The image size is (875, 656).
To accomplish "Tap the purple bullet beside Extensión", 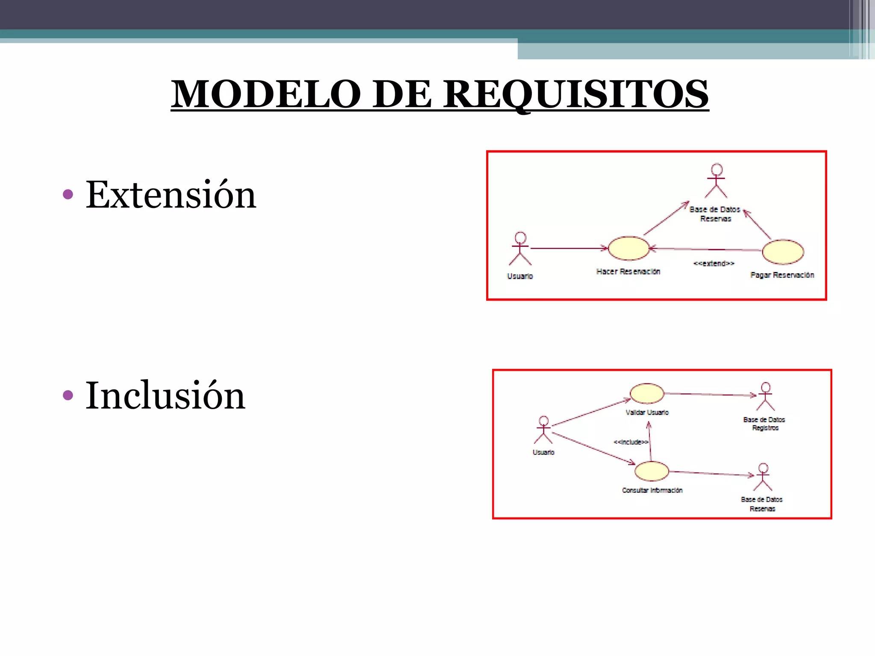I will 68,195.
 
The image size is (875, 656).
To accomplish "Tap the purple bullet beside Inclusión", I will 68,395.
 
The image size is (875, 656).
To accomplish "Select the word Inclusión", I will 165,396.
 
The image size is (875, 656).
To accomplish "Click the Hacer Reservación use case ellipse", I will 628,248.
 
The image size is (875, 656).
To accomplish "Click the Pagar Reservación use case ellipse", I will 783,252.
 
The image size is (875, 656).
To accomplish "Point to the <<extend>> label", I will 714,264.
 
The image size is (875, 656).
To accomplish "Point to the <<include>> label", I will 631,442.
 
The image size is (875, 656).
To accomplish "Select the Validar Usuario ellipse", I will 647,393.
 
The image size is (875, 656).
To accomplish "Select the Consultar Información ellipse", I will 652,471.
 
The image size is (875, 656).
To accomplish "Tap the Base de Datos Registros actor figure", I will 765,396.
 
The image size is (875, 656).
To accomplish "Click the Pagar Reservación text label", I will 782,275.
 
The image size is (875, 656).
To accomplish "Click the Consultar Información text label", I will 652,490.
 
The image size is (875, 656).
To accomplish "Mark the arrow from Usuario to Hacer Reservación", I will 568,248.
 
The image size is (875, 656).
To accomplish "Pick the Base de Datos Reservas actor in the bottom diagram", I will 763,477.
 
